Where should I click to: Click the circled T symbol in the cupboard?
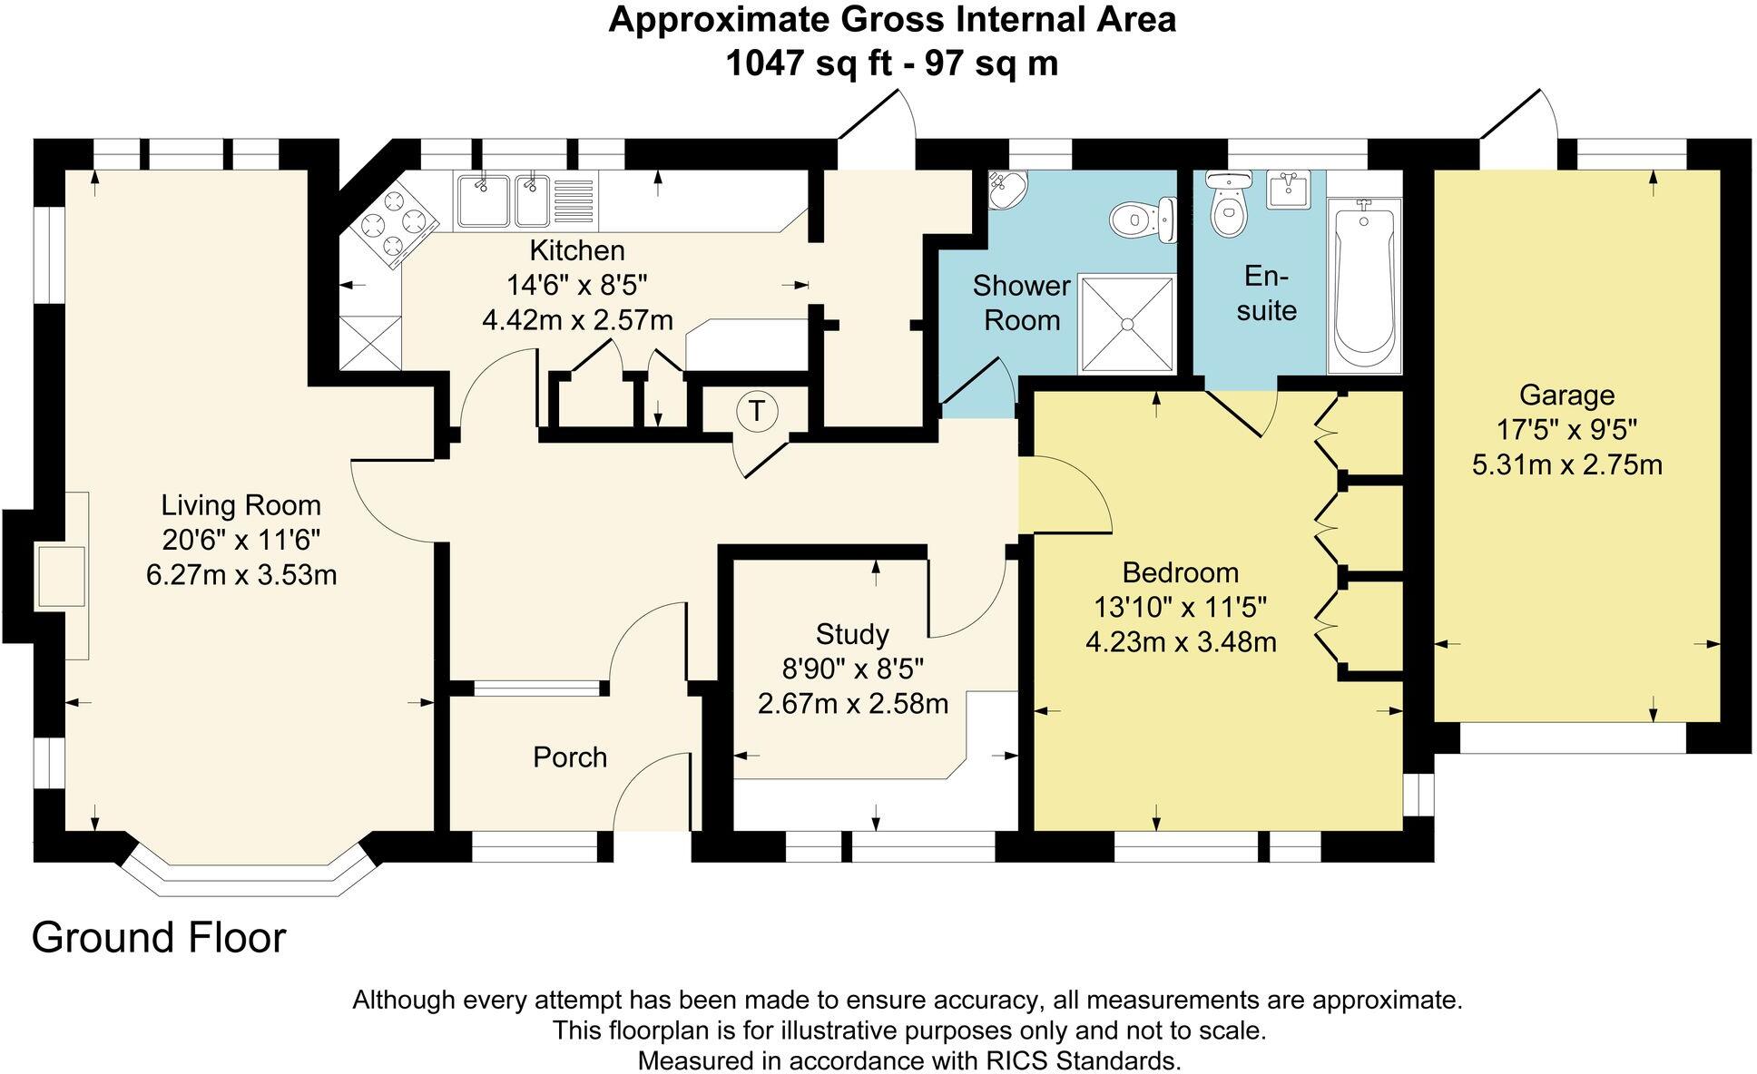pos(756,412)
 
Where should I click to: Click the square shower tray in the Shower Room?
pos(1126,323)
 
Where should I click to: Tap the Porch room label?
pos(569,757)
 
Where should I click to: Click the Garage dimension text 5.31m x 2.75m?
pos(1566,465)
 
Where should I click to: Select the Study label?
pos(851,634)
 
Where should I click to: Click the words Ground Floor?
pos(159,938)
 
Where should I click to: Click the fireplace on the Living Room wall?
pos(62,576)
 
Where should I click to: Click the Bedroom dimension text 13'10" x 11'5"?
pos(1181,607)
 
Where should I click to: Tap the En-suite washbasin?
pos(1289,190)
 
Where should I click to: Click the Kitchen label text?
pos(577,250)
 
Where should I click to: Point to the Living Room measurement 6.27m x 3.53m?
pos(241,575)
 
